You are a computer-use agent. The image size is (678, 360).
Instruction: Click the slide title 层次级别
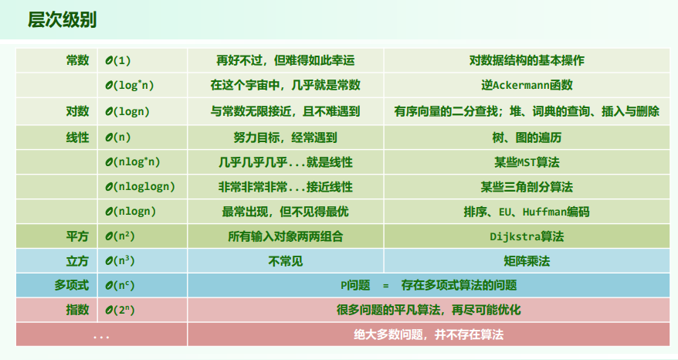[x=62, y=20]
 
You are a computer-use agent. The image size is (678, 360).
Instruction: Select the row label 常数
[x=77, y=60]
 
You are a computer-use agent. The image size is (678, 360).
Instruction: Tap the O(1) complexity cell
[x=118, y=60]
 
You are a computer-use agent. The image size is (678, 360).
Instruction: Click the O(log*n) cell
[x=130, y=85]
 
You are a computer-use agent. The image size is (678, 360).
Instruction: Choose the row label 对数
[x=77, y=111]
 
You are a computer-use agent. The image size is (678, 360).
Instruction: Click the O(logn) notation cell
[x=127, y=112]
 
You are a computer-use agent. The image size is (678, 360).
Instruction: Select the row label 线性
[x=77, y=138]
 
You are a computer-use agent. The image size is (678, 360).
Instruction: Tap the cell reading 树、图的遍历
[x=527, y=138]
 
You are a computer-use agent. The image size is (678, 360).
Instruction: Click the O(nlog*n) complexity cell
[x=133, y=162]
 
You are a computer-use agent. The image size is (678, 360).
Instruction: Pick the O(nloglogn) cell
[x=140, y=187]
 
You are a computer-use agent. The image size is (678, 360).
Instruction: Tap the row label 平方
[x=77, y=236]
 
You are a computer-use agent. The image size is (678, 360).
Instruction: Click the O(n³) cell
[x=120, y=261]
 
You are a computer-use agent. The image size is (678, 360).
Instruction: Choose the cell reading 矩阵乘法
[x=527, y=261]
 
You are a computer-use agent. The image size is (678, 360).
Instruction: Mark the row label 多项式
[x=72, y=285]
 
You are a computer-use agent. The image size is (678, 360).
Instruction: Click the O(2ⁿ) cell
[x=120, y=311]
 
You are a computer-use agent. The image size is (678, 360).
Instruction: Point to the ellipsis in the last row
[x=101, y=337]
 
